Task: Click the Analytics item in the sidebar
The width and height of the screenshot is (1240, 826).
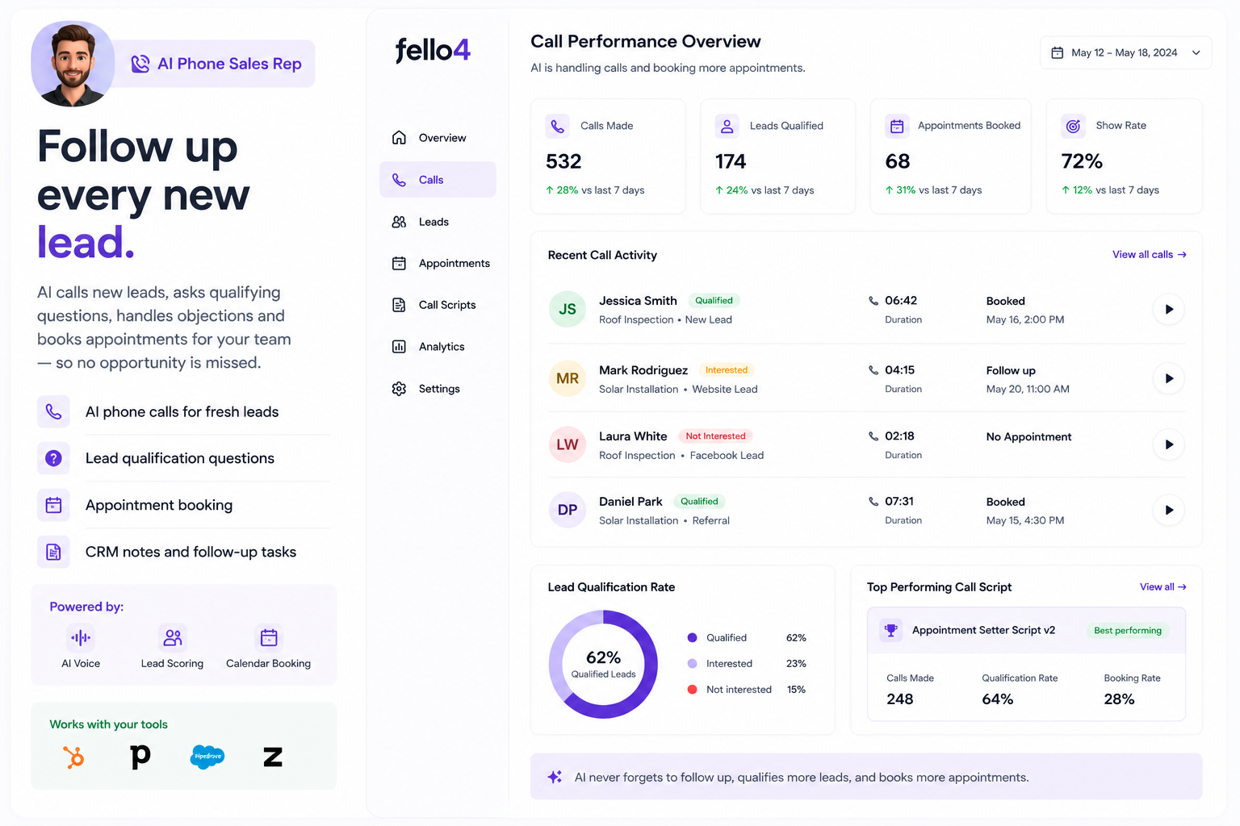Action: tap(428, 347)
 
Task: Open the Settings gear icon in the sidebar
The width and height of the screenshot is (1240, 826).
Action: tap(399, 389)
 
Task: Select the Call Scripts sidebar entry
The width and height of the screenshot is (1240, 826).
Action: tap(434, 305)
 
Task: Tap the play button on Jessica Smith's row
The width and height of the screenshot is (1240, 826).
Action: tap(1169, 309)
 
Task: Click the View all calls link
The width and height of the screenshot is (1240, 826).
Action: tap(1150, 254)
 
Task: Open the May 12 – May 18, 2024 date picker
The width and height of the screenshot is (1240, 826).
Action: tap(1125, 53)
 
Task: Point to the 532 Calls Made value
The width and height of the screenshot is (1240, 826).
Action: tap(563, 161)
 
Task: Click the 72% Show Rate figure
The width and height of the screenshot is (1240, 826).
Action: tap(1082, 161)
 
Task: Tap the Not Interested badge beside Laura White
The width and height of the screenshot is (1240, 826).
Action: tap(715, 436)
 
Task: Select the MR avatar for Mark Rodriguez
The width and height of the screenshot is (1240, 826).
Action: tap(568, 378)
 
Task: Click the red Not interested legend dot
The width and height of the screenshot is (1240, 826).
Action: tap(692, 690)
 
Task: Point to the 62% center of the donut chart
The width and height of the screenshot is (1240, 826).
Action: tap(603, 657)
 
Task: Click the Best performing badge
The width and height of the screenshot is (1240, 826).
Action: tap(1128, 631)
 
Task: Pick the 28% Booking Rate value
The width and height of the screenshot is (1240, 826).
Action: tap(1119, 699)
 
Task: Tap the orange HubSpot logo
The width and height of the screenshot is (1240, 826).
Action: tap(73, 757)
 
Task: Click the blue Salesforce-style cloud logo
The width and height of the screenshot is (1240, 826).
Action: tap(207, 757)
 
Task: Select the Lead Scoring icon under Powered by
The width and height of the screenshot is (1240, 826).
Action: tap(172, 638)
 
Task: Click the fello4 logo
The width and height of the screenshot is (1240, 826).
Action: tap(433, 50)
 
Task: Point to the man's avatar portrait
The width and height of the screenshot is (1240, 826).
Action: tap(73, 64)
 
